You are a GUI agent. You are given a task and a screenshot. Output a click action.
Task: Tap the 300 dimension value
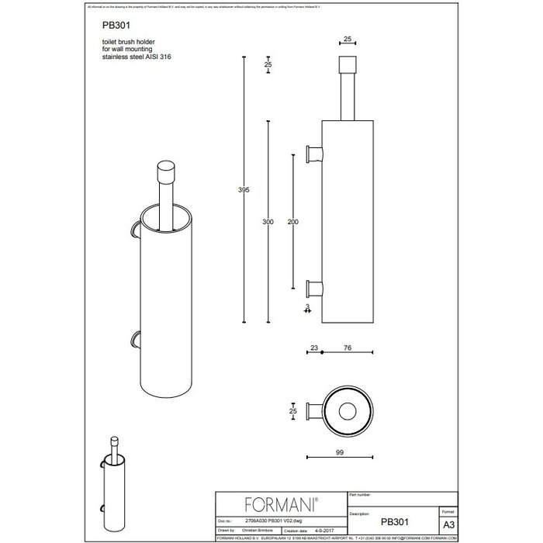point(268,222)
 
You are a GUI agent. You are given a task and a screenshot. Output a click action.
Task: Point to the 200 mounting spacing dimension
point(291,222)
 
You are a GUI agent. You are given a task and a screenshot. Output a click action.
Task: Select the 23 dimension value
point(313,348)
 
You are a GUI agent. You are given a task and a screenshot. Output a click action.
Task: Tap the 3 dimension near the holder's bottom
point(307,308)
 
